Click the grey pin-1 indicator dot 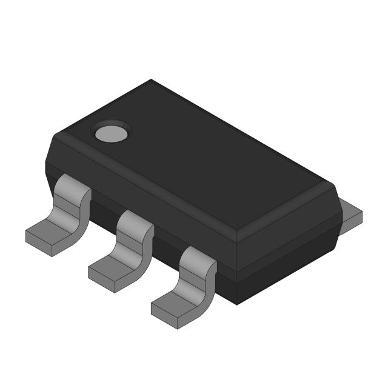pyautogui.click(x=111, y=132)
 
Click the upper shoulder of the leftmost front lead pyautogui.click(x=72, y=187)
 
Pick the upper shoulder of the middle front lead pyautogui.click(x=135, y=221)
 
